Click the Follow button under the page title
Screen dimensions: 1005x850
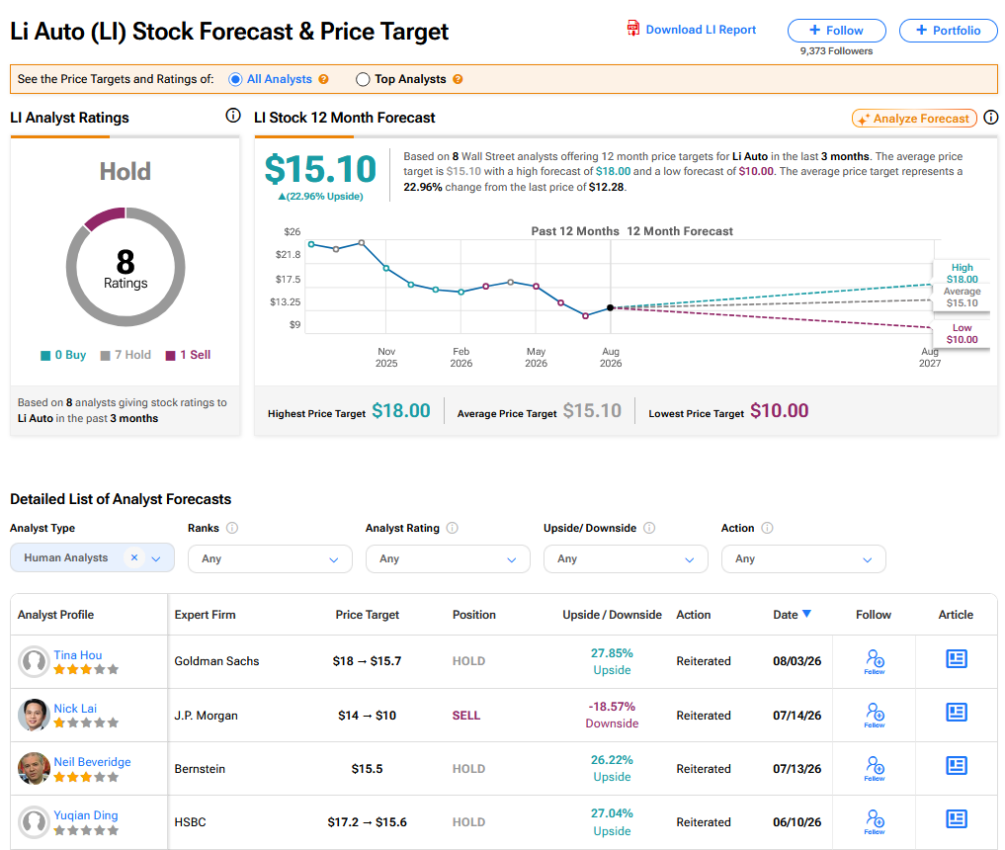pos(836,30)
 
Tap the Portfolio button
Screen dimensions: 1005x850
pos(948,30)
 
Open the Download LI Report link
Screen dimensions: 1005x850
pos(692,30)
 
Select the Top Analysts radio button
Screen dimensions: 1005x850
pos(363,79)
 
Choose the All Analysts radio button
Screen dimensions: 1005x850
pos(235,79)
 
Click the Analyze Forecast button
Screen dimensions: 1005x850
pos(914,119)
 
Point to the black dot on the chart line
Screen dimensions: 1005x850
pos(610,307)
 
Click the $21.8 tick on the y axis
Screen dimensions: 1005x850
pos(288,254)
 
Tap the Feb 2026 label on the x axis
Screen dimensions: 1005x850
pos(461,357)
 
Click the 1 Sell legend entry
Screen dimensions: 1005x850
pos(188,355)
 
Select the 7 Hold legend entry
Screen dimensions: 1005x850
pos(126,355)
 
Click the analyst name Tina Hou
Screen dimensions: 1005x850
pos(77,654)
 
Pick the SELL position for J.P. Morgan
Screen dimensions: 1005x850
pos(466,716)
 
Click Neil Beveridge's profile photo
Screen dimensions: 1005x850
pos(34,768)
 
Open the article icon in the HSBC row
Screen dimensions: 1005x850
pos(957,818)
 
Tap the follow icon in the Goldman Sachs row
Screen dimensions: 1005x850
pos(875,661)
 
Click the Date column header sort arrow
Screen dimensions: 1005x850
pos(806,614)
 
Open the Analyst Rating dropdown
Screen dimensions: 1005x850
pos(448,559)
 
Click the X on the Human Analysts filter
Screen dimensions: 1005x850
pos(134,557)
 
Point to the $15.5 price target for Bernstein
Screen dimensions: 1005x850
pos(367,769)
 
